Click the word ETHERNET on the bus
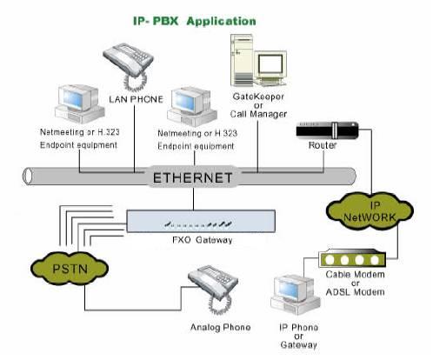[x=193, y=178]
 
